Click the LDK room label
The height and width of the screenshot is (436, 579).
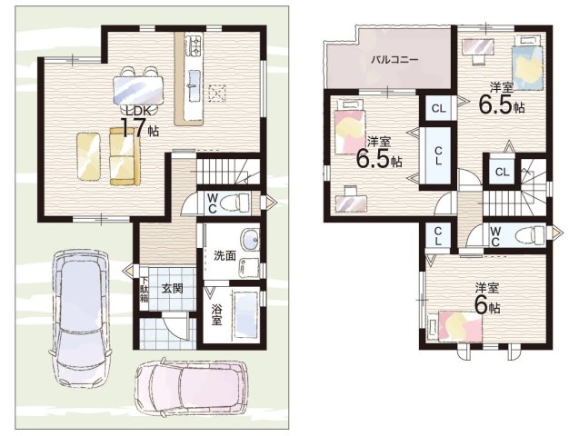138,110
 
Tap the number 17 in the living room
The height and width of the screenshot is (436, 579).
133,128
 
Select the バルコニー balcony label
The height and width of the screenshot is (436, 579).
394,59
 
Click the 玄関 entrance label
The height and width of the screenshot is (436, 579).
172,289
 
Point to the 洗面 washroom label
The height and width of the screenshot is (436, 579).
225,256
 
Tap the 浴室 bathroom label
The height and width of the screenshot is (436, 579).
216,314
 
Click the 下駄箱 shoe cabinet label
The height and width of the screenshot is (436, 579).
144,290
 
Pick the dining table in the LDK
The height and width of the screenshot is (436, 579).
138,90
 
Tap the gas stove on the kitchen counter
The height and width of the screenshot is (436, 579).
194,45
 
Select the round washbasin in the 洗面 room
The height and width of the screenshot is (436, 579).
251,240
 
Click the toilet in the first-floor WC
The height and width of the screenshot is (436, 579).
236,203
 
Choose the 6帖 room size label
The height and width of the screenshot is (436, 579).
487,306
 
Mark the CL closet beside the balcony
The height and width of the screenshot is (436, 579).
438,108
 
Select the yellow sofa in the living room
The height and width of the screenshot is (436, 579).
125,155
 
